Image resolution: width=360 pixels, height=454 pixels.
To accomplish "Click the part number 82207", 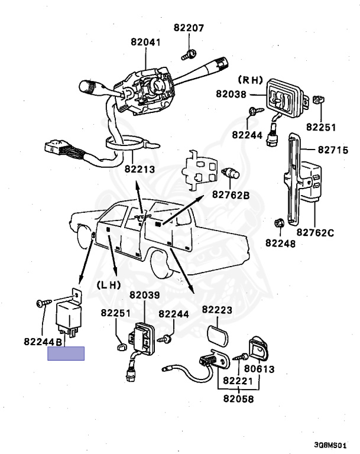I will point(189,28).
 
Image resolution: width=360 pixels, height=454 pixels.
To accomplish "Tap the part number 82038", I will point(231,93).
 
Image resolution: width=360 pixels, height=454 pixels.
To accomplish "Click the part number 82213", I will point(139,169).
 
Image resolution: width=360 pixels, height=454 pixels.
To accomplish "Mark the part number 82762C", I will point(315,232).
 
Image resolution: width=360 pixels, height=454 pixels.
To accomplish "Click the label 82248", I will point(280,242).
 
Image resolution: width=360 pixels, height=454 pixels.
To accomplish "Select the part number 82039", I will point(145,295).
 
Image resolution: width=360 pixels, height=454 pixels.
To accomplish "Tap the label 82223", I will point(217,309).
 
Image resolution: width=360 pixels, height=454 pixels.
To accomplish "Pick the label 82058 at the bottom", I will point(238,399).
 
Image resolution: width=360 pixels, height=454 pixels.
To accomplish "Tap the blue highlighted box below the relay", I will point(66,354).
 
